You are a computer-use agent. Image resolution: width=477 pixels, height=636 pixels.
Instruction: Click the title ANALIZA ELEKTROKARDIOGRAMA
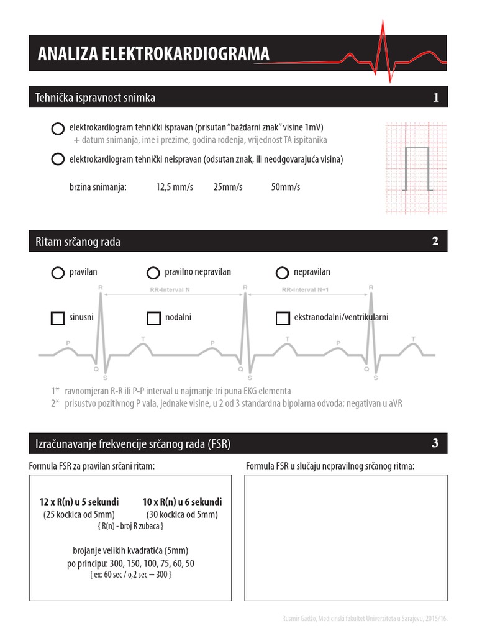(x=153, y=54)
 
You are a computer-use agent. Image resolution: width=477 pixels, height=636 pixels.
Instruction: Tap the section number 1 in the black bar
(x=436, y=98)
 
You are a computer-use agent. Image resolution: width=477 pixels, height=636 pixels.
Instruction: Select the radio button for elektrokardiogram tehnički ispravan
(x=58, y=129)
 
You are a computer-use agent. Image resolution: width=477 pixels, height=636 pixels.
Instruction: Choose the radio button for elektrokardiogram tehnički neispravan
(x=58, y=159)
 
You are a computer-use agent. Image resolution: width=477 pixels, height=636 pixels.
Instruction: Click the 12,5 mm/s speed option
(x=175, y=187)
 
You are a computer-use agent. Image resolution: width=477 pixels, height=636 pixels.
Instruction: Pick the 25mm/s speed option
(x=227, y=187)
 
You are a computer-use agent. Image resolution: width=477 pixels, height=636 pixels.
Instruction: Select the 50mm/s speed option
(x=286, y=187)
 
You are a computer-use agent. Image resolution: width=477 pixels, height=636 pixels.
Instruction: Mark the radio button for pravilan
(x=58, y=273)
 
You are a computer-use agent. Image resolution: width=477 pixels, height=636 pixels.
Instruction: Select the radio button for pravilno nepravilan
(x=153, y=273)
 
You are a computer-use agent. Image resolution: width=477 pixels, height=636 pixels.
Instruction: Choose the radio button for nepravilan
(x=282, y=273)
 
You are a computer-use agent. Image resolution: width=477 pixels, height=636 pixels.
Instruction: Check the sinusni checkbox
(x=58, y=318)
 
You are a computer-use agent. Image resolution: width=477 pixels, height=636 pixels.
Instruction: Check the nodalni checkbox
(x=153, y=318)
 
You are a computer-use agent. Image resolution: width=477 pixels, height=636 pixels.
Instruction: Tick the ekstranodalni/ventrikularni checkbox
(x=282, y=318)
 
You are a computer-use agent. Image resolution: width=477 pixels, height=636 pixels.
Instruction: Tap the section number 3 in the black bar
(x=435, y=443)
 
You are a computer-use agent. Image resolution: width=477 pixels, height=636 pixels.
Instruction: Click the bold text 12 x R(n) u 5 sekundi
(x=79, y=502)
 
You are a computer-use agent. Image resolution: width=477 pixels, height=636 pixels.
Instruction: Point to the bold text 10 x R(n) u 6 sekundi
(x=182, y=502)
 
